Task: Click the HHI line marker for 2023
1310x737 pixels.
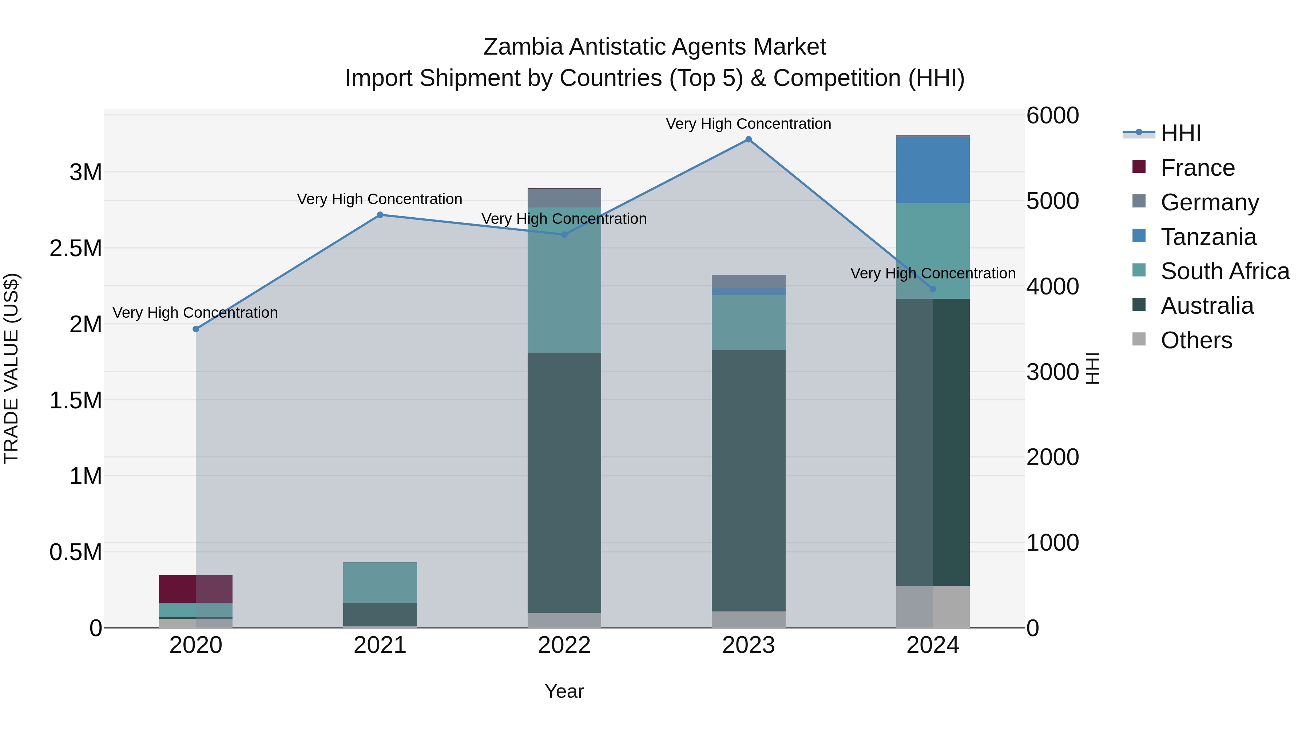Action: tap(748, 139)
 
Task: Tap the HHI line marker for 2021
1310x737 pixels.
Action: tap(380, 215)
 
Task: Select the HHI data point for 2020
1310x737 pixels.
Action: tap(196, 329)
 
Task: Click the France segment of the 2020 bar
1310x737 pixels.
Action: tap(196, 589)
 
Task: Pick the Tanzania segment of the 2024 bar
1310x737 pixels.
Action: tap(933, 170)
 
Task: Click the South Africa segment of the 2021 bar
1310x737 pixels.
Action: tap(380, 582)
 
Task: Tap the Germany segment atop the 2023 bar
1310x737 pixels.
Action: tap(748, 281)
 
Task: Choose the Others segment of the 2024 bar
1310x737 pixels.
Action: tap(933, 606)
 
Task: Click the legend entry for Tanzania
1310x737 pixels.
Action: tap(1208, 237)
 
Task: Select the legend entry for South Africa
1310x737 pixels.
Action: tap(1224, 271)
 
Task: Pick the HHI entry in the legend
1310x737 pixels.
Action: tap(1180, 133)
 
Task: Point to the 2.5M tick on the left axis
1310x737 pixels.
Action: tap(75, 248)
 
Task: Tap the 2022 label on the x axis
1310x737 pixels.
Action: tap(564, 645)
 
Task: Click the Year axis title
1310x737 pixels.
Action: tap(564, 691)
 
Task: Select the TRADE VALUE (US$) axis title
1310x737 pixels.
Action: tap(11, 368)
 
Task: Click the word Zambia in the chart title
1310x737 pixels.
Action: tap(523, 47)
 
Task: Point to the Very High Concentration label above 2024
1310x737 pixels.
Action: tap(933, 273)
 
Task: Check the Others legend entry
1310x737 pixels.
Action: tap(1196, 340)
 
